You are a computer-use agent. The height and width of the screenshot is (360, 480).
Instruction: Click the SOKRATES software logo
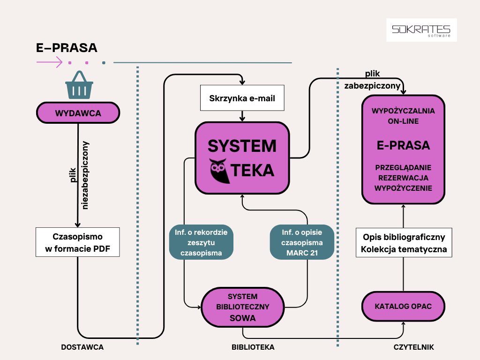[x=421, y=30]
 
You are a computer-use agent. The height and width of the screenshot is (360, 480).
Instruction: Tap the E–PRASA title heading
[x=67, y=48]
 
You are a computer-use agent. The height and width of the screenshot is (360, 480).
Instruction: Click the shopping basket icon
[x=79, y=85]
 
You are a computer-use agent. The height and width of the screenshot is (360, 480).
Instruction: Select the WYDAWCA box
[x=78, y=113]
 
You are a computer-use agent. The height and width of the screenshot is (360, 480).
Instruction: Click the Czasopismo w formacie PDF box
[x=78, y=242]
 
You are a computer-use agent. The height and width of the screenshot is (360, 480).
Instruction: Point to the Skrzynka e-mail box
[x=242, y=98]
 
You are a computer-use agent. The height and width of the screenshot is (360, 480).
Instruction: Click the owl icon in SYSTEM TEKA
[x=218, y=171]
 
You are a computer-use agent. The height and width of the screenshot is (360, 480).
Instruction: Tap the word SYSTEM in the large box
[x=242, y=146]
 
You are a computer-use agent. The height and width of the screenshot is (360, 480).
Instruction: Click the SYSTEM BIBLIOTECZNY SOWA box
[x=242, y=307]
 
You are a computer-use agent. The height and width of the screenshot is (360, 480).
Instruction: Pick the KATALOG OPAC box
[x=403, y=307]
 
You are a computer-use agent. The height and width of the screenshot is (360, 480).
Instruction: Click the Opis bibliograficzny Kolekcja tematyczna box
[x=404, y=242]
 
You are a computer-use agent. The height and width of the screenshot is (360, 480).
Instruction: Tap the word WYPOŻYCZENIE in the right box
[x=403, y=188]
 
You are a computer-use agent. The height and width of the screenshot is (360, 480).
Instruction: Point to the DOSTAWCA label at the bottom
[x=82, y=347]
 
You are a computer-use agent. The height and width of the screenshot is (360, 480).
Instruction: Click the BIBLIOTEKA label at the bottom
[x=253, y=347]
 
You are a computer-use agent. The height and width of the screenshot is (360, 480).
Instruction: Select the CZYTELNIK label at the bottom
[x=414, y=347]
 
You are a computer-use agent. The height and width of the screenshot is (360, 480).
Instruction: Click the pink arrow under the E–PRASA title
[x=49, y=62]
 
